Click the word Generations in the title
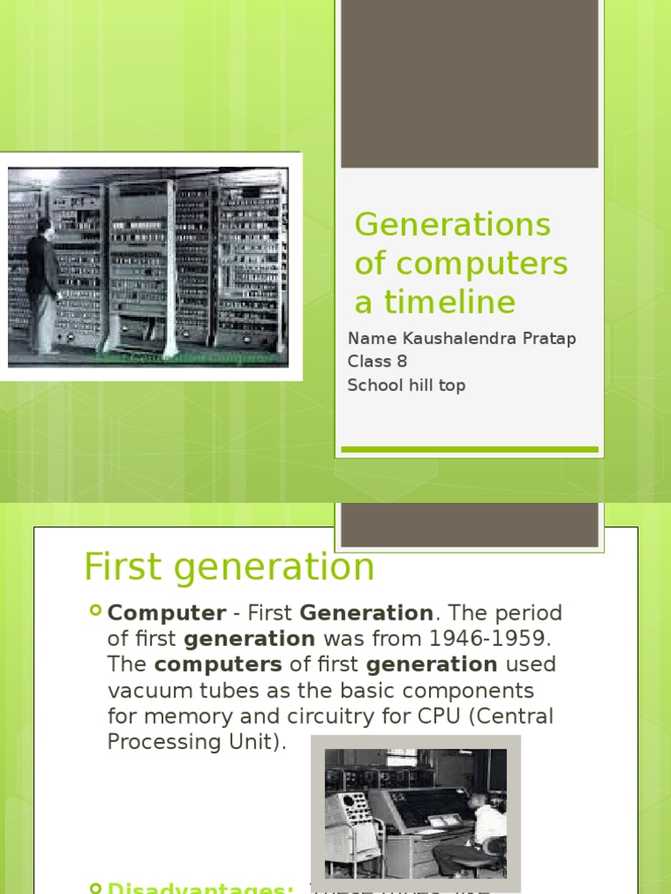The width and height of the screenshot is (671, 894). click(x=453, y=225)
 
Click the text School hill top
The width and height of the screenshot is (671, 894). click(x=406, y=385)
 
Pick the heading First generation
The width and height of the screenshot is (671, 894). click(x=229, y=567)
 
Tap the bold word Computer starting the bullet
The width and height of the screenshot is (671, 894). click(x=166, y=613)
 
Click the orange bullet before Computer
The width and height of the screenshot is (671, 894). click(x=95, y=611)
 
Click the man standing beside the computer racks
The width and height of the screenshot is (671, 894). click(x=41, y=284)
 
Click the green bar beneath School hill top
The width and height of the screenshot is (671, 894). click(x=469, y=450)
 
